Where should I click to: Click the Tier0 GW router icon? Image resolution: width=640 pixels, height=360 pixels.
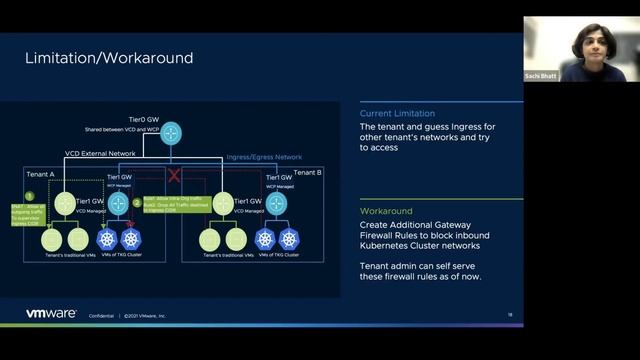(x=171, y=131)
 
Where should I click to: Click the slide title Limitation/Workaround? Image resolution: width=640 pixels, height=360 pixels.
(x=109, y=59)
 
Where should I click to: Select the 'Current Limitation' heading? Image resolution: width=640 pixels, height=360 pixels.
(x=397, y=114)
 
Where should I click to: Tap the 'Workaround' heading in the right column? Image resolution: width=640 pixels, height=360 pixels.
(x=384, y=211)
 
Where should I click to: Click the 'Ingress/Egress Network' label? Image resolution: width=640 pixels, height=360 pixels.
(x=264, y=157)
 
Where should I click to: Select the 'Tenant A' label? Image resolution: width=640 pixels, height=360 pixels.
(x=41, y=172)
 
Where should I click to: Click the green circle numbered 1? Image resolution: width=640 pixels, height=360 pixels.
(x=30, y=196)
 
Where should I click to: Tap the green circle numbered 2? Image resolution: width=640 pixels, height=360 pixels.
(x=137, y=202)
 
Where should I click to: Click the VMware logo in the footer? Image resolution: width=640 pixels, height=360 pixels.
(x=51, y=313)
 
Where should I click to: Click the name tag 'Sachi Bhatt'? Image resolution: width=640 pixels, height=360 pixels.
(x=541, y=76)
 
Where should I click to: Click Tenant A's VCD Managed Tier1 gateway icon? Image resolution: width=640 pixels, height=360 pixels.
(x=66, y=203)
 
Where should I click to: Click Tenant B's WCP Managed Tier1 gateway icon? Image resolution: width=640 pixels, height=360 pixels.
(x=276, y=203)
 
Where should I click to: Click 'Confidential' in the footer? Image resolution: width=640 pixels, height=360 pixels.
(x=102, y=315)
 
